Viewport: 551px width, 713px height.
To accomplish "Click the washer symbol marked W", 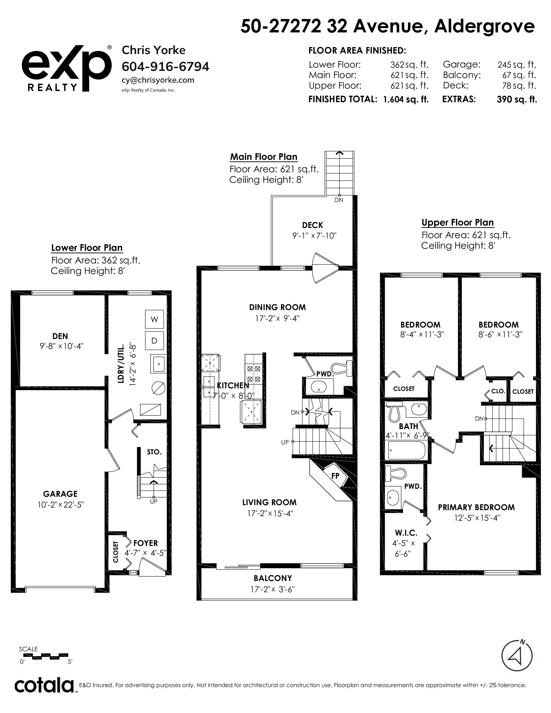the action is point(154,319).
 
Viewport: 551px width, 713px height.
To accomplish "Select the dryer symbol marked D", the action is point(154,341).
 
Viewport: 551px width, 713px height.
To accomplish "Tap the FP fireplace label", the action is point(335,476).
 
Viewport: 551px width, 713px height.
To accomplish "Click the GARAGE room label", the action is point(60,494).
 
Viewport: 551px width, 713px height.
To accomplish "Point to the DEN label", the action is point(60,336).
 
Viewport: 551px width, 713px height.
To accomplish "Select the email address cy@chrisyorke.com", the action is point(158,80).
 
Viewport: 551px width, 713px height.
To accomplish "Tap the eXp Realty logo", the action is point(67,68).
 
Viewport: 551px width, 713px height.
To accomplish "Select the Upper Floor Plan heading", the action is point(458,223).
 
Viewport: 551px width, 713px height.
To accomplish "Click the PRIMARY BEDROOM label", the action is point(476,507).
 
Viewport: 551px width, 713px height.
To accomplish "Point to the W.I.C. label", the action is point(406,533).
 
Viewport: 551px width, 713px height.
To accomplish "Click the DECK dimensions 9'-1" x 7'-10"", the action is point(314,236).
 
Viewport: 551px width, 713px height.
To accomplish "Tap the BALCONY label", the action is point(273,578).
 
